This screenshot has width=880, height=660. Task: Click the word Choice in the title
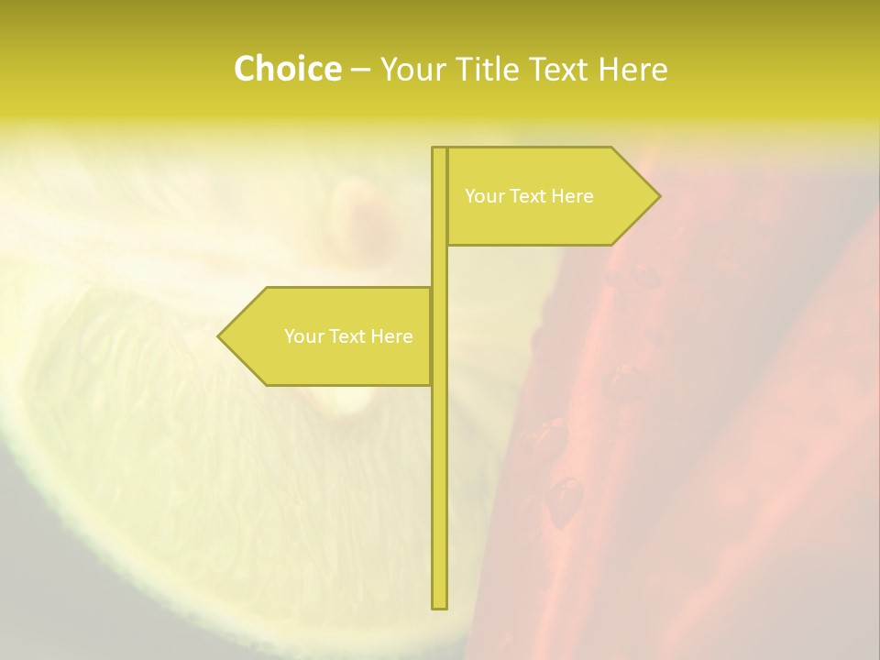287,70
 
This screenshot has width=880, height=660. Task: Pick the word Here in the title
633,70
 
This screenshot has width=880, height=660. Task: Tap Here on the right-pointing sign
572,196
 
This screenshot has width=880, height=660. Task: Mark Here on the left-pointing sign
391,336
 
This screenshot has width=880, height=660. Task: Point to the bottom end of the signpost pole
439,605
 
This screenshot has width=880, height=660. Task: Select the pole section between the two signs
439,266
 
